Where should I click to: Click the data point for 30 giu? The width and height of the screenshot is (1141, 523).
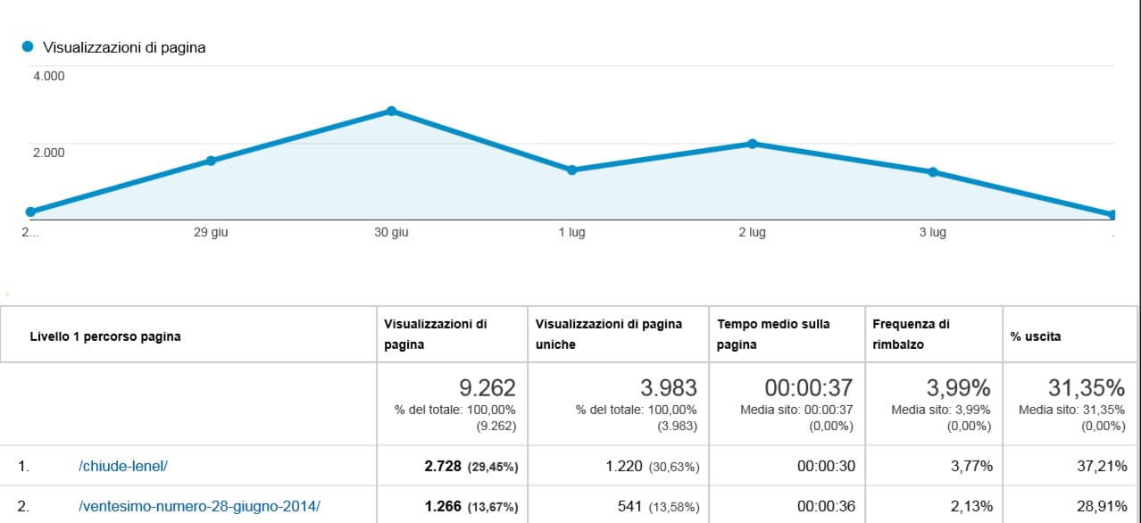(x=391, y=111)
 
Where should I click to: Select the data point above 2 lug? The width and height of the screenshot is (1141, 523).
(x=753, y=144)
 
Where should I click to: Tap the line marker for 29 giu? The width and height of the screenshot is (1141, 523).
(x=211, y=161)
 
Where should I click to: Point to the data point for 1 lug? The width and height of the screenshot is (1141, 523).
(x=572, y=170)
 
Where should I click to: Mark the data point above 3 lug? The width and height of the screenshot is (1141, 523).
(x=933, y=172)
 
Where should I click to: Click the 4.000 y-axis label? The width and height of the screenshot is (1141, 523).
(x=49, y=77)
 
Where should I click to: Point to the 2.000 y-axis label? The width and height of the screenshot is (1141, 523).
(x=49, y=153)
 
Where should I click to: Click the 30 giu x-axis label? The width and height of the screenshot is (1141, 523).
(x=391, y=233)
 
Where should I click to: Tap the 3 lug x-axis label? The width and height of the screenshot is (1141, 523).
(x=933, y=233)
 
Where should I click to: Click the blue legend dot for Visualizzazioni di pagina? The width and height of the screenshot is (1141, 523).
(x=28, y=46)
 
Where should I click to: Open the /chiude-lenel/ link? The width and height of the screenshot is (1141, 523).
(x=122, y=466)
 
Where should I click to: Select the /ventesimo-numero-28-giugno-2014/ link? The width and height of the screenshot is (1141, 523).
(x=199, y=506)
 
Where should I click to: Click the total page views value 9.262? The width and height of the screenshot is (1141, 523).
(x=487, y=388)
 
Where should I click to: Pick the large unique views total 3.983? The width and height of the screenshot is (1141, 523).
(x=669, y=388)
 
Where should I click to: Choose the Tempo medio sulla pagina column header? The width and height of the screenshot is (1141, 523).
(x=773, y=334)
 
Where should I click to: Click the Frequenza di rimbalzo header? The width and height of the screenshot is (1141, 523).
(x=911, y=334)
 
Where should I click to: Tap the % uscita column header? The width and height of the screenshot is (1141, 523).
(x=1035, y=336)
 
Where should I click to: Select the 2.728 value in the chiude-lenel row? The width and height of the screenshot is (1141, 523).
(x=443, y=466)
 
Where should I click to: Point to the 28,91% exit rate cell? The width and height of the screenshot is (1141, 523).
(x=1101, y=506)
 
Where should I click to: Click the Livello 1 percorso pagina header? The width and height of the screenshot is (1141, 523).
(x=105, y=336)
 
